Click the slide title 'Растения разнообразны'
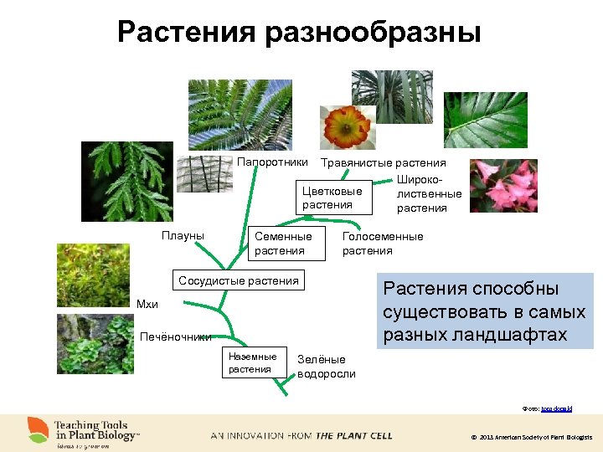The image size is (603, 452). pos(299,33)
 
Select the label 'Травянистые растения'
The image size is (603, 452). pos(384,162)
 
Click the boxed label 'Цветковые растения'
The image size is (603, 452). pos(332,198)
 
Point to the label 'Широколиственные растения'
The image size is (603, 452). pos(429,194)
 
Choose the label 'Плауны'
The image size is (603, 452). pos(183,236)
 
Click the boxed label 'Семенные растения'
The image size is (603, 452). pos(283,244)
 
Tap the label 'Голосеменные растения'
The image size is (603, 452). pos(383,244)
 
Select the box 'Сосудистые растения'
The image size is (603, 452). pos(239,280)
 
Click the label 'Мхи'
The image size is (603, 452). pos(147,304)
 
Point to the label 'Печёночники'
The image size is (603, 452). pos(176,336)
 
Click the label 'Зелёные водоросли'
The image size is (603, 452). pos(327,367)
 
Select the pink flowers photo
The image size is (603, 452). pos(502,185)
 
